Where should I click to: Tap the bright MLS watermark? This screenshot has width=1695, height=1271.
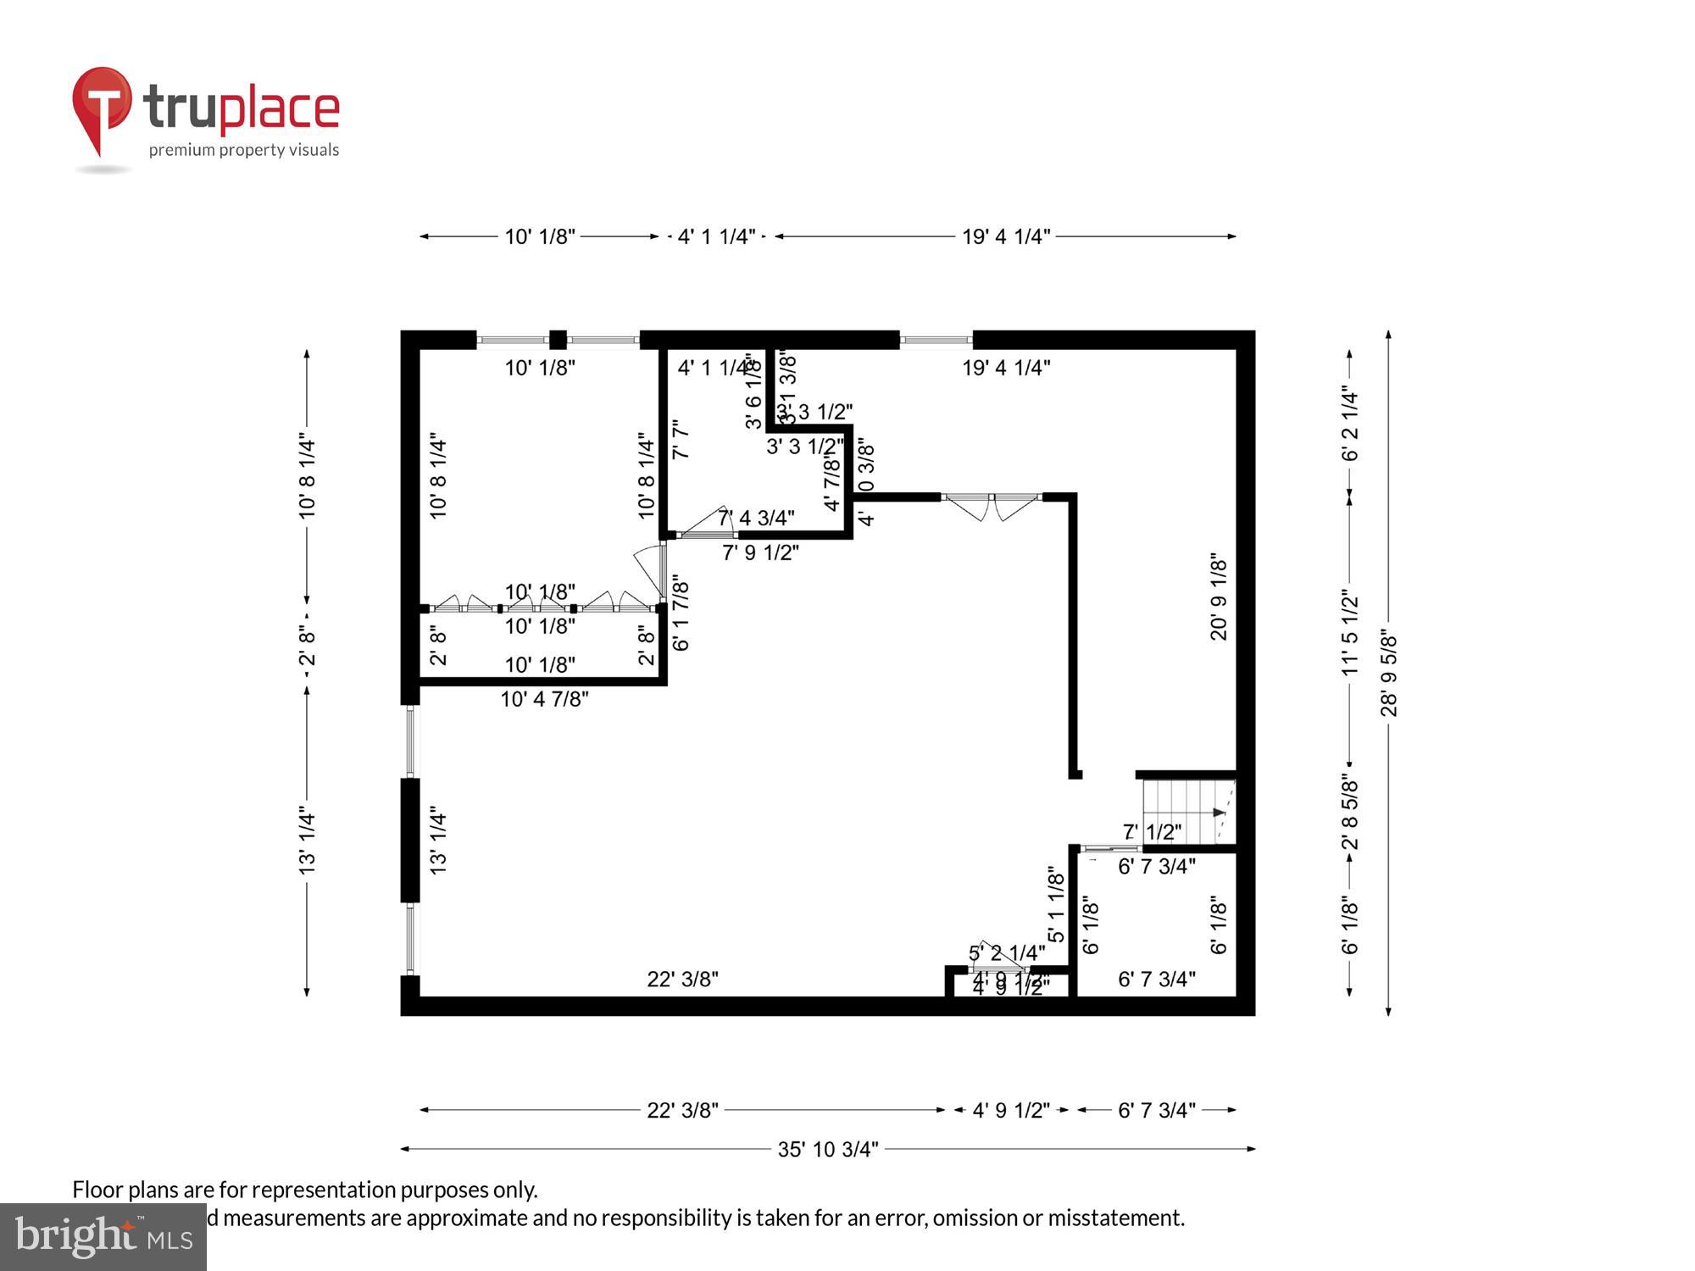(x=103, y=1237)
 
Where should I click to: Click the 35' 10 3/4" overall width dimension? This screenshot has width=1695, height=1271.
(x=828, y=1149)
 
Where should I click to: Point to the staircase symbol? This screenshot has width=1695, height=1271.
(x=1186, y=812)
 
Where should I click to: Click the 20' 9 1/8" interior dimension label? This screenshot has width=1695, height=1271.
(x=1218, y=597)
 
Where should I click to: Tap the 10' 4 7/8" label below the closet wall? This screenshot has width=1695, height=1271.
(x=544, y=699)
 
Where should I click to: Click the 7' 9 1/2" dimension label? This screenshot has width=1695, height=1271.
(x=760, y=552)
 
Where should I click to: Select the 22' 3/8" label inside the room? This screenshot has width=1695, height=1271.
(x=682, y=979)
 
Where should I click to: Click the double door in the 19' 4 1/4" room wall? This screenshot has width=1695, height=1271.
(x=991, y=507)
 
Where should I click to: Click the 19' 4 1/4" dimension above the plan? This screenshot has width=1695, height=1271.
(x=1005, y=236)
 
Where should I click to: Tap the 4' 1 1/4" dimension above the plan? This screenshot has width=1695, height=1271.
(x=716, y=236)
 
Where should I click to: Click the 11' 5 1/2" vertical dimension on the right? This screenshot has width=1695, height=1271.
(x=1349, y=632)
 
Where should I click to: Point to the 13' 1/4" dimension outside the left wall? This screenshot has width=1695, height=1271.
(x=307, y=842)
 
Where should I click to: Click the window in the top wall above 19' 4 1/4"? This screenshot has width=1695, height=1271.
(x=936, y=341)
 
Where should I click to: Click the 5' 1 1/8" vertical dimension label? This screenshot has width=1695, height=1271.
(x=1056, y=904)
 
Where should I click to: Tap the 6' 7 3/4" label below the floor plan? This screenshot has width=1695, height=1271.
(x=1156, y=1110)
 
